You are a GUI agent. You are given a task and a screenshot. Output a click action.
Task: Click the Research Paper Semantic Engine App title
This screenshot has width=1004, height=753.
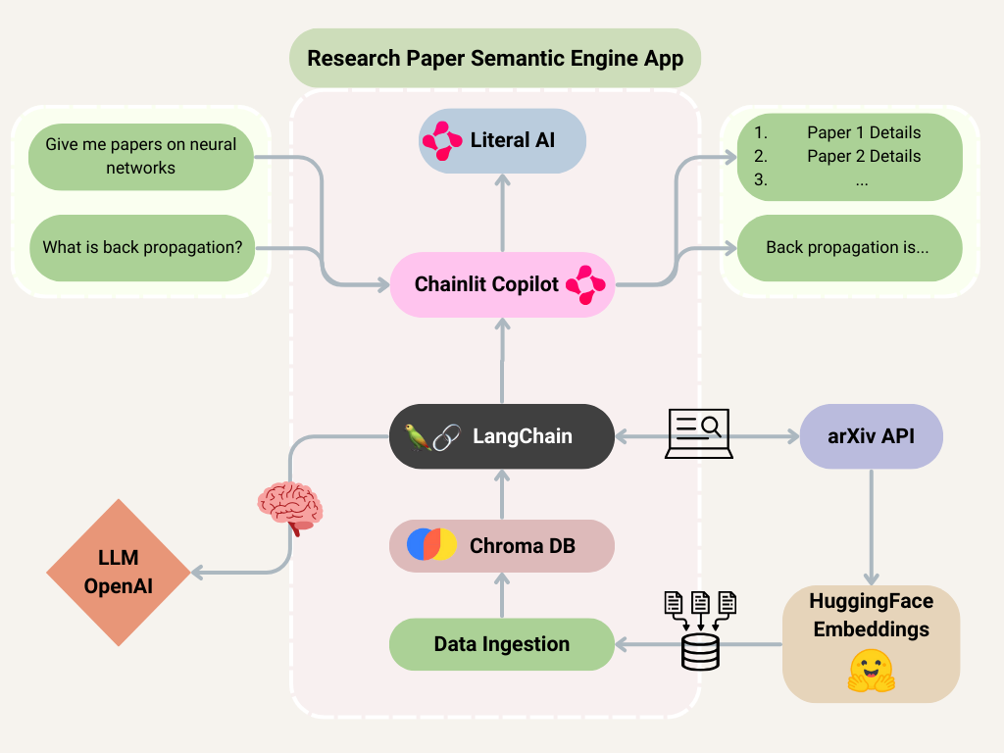click(495, 58)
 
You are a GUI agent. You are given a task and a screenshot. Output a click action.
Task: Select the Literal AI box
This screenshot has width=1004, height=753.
click(502, 140)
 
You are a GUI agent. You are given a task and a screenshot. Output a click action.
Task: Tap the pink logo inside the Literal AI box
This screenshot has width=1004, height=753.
click(442, 141)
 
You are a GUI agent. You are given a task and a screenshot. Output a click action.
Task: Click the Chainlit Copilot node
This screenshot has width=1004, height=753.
click(502, 284)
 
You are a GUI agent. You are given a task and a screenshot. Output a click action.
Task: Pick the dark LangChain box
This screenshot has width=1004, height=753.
click(502, 436)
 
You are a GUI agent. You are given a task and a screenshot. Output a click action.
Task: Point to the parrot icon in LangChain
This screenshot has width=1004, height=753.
click(418, 437)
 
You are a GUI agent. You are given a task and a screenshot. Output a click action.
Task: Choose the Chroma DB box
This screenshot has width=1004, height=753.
click(502, 545)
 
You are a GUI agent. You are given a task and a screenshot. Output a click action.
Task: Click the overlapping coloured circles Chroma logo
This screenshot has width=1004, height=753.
click(432, 544)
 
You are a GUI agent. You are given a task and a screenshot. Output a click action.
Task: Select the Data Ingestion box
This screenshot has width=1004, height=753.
click(502, 644)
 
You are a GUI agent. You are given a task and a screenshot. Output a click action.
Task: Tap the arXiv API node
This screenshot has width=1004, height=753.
click(872, 436)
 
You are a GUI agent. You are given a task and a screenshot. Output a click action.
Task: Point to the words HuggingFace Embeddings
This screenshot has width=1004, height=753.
click(871, 615)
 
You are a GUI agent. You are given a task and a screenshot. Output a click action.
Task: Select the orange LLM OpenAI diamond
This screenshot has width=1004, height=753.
click(119, 573)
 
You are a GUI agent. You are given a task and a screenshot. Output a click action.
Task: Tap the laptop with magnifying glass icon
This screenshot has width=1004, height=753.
click(699, 432)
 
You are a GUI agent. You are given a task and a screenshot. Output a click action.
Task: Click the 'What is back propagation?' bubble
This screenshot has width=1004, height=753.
click(142, 248)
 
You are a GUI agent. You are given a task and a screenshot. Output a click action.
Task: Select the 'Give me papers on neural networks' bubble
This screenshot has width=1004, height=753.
click(141, 157)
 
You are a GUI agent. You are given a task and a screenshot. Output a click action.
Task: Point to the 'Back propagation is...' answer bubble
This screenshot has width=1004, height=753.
click(849, 248)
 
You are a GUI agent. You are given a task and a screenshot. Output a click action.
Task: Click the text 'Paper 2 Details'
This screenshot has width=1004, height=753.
click(864, 156)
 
